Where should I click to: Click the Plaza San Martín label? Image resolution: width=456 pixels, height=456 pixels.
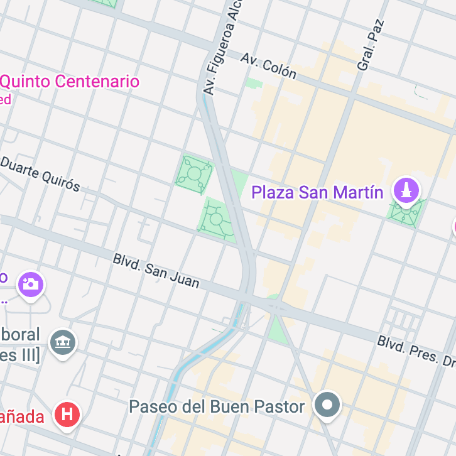[317, 192]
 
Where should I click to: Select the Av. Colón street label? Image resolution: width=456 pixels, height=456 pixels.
[268, 65]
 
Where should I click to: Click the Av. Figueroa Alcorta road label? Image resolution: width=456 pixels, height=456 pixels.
[222, 47]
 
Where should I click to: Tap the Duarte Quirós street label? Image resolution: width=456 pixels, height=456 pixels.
[40, 173]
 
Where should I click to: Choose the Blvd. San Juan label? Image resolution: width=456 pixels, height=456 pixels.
[156, 271]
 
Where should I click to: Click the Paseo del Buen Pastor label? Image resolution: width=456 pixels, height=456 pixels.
[217, 406]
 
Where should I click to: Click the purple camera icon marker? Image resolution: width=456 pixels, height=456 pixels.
[30, 285]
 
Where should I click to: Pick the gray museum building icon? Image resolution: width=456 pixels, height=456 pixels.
[63, 342]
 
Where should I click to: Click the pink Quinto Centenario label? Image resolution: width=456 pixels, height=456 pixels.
[70, 82]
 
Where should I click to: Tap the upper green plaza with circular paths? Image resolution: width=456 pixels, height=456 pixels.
[193, 172]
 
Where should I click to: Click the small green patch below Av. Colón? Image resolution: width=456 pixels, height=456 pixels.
[253, 82]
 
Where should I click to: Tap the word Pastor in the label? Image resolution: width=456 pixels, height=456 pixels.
[281, 406]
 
